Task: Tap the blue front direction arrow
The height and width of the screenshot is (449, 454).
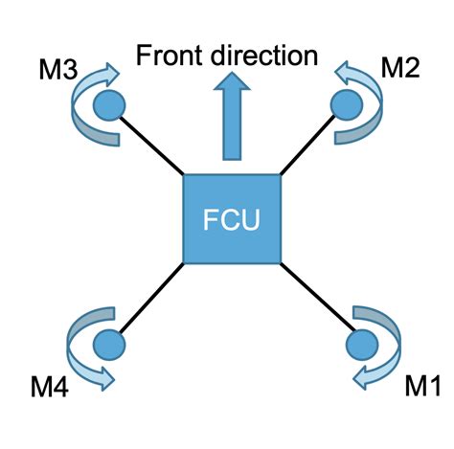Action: [230, 120]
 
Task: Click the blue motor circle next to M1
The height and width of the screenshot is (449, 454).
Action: [362, 342]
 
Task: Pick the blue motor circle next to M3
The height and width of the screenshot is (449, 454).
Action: [109, 101]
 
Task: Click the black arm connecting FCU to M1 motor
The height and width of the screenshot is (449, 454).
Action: [316, 299]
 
